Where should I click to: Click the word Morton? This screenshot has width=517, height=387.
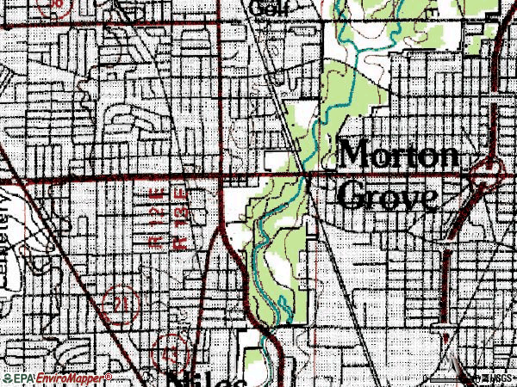point(400,157)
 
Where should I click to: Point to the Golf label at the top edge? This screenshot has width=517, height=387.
point(269,7)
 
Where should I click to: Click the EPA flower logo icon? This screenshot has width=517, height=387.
point(9,379)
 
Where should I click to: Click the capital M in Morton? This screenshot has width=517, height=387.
point(355,157)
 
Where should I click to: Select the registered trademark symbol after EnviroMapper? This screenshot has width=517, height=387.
point(109,376)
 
